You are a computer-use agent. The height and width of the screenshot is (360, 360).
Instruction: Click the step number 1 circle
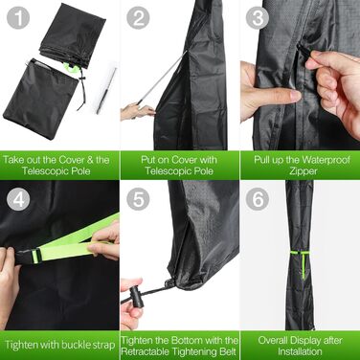click(x=18, y=17)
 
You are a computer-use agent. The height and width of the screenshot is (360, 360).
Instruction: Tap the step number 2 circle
click(x=138, y=17)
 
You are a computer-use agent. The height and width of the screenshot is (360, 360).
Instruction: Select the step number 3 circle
click(x=258, y=17)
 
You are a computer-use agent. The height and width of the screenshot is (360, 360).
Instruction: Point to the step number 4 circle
click(x=18, y=200)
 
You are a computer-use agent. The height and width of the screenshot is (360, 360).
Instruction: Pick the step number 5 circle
click(x=138, y=199)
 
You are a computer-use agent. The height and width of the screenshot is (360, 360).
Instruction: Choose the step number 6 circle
click(x=258, y=199)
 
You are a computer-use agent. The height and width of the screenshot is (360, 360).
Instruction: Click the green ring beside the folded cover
click(x=71, y=67)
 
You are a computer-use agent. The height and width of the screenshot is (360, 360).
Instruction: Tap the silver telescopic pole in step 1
click(x=106, y=91)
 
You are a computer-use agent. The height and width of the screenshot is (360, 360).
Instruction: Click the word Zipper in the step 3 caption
click(x=303, y=170)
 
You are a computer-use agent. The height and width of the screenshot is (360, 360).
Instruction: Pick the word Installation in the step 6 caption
click(x=300, y=351)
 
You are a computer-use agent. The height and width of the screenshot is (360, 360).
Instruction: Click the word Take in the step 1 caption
click(x=13, y=159)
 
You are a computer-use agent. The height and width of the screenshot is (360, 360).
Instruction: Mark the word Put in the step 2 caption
click(x=148, y=159)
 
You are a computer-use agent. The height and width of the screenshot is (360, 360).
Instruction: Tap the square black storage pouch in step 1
click(x=40, y=98)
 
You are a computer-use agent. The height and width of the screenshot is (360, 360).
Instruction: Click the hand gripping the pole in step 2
click(x=138, y=111)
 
